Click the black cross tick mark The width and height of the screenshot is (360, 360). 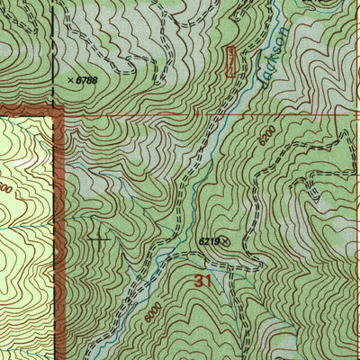[99, 239]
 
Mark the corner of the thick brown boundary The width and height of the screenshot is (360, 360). [59, 112]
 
